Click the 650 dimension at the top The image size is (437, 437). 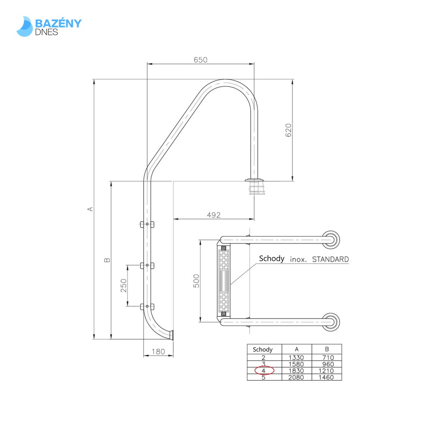click(x=200, y=60)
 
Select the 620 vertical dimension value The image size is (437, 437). click(x=289, y=130)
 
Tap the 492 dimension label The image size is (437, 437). click(x=214, y=215)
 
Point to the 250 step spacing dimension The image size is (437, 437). click(x=124, y=285)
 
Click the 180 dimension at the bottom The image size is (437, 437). click(x=158, y=352)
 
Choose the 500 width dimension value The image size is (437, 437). click(x=196, y=281)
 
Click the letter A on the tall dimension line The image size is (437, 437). click(x=91, y=209)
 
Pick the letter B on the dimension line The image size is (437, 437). click(x=107, y=260)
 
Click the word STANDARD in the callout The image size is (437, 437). click(x=330, y=259)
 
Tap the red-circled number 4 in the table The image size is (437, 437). click(x=264, y=371)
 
